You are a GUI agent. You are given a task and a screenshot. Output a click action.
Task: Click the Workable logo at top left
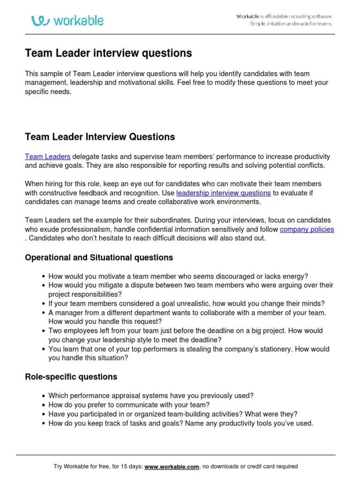click(x=67, y=20)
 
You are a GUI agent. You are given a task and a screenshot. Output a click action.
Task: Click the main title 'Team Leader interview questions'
click(x=108, y=53)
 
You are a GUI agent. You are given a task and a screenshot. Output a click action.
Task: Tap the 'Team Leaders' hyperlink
click(x=48, y=157)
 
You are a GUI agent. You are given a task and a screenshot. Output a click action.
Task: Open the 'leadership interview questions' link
click(x=223, y=193)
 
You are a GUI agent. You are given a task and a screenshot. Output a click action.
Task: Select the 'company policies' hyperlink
click(x=307, y=229)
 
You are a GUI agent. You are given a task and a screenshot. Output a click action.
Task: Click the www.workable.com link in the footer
click(x=172, y=466)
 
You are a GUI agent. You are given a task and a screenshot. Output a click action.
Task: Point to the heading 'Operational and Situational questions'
click(x=98, y=257)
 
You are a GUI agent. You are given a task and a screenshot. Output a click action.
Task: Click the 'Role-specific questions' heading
click(x=71, y=377)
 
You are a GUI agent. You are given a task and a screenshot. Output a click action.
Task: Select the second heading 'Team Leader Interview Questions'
click(x=100, y=137)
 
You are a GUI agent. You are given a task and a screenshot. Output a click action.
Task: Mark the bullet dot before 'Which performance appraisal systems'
click(x=44, y=396)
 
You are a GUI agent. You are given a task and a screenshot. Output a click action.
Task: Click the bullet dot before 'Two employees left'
click(x=44, y=331)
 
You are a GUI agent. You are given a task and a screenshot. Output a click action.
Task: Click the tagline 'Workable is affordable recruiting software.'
click(x=285, y=16)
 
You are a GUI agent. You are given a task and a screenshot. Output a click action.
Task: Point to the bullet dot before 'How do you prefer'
click(x=44, y=405)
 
